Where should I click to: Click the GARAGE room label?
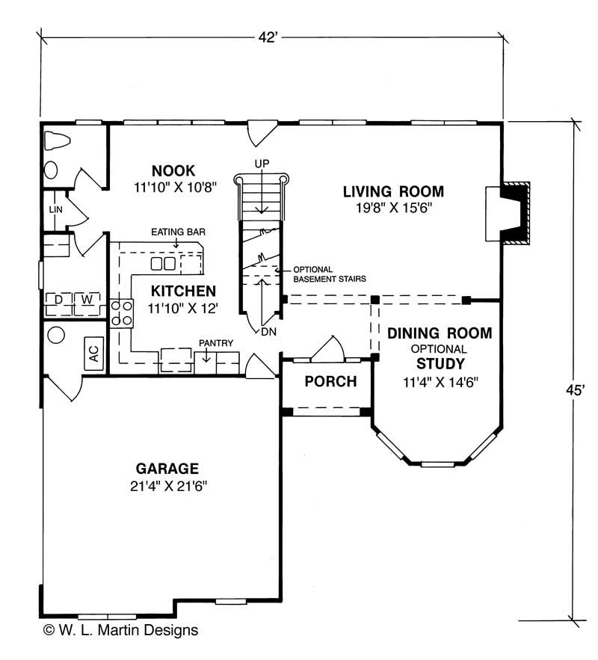point(167,469)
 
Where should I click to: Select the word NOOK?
point(173,171)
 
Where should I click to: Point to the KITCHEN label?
point(183,290)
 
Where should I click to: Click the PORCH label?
point(330,381)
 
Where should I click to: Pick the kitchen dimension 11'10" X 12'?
point(183,306)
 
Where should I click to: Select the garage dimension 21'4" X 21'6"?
point(167,486)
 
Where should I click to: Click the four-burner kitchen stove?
point(122,312)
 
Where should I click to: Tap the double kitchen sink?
point(164,264)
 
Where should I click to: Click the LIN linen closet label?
point(55,210)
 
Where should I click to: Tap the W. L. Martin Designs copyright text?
point(120,630)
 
